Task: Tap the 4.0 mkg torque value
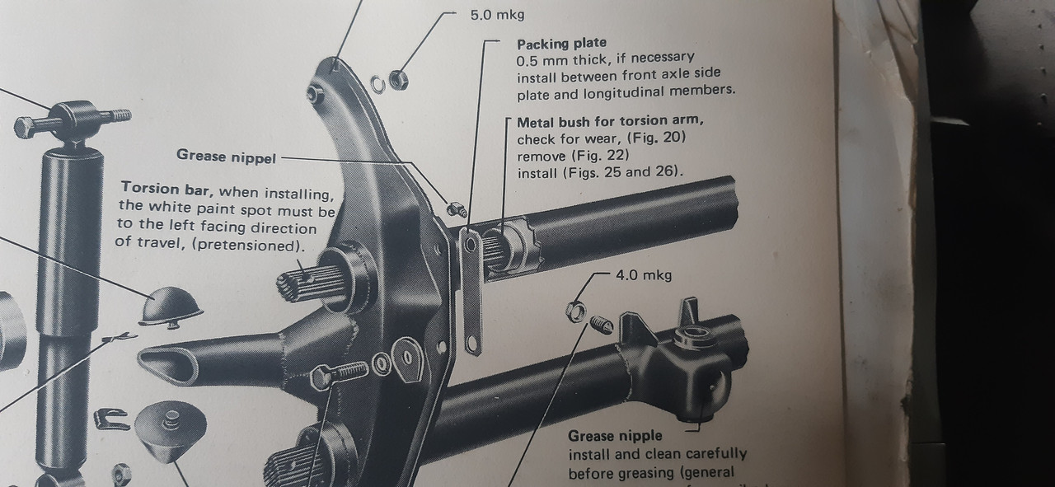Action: (x=644, y=275)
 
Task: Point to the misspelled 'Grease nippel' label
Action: (x=226, y=155)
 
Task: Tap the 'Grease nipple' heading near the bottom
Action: (x=615, y=436)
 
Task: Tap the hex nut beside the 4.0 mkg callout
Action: (x=575, y=311)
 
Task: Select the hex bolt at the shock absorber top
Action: (x=31, y=127)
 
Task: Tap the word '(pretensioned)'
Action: (x=256, y=246)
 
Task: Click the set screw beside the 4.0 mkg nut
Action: (x=603, y=326)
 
